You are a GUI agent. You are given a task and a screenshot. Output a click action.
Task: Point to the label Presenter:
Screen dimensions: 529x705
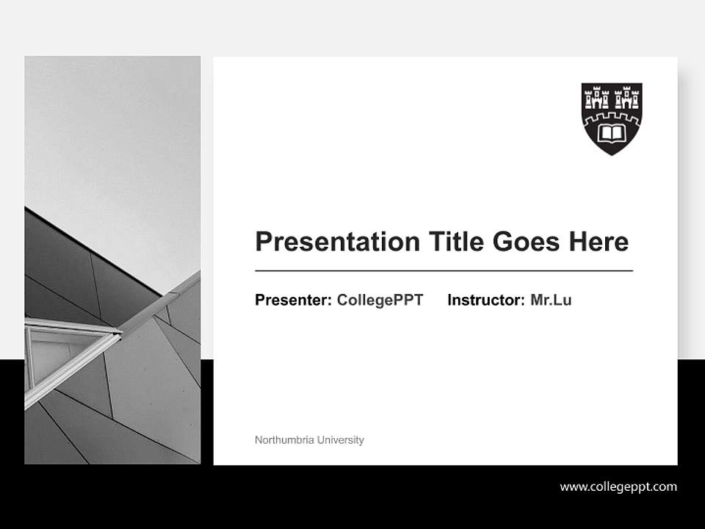[293, 300]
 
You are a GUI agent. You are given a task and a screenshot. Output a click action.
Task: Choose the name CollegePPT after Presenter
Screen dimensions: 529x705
[380, 300]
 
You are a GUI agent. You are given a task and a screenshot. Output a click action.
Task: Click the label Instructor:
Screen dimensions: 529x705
[485, 300]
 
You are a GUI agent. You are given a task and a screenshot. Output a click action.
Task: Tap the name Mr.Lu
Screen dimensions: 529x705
[551, 300]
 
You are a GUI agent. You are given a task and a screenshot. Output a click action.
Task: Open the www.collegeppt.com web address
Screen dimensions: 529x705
[618, 486]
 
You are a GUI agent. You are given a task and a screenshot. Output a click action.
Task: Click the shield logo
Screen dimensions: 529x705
[612, 118]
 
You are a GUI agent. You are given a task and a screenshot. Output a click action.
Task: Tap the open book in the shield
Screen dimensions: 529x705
[612, 134]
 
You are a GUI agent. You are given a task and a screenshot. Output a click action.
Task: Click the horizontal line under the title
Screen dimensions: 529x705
[444, 271]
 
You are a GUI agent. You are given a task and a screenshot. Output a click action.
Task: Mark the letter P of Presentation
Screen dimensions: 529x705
[263, 242]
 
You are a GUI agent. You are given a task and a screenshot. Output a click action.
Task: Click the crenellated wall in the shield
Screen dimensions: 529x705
[612, 117]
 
